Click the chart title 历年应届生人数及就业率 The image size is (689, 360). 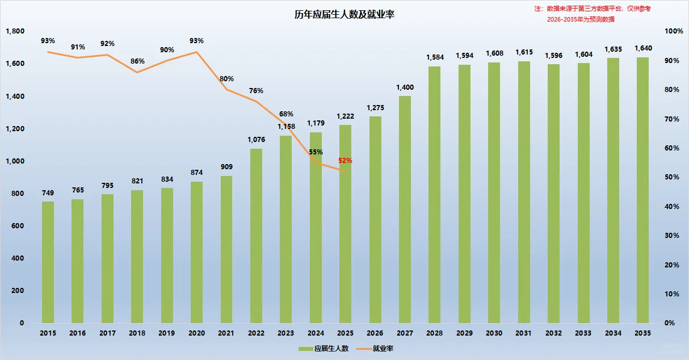click(344, 15)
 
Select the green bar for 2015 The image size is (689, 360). click(48, 262)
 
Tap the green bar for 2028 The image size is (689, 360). click(434, 195)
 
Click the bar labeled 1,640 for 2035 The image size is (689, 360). click(642, 190)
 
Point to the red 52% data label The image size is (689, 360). click(345, 161)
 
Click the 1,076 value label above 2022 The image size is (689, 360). click(257, 139)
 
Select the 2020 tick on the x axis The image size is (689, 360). click(196, 333)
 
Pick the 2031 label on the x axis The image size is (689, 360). click(523, 333)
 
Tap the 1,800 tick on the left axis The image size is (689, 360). click(15, 31)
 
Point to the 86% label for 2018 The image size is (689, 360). click(137, 61)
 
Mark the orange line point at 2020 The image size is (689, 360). click(196, 52)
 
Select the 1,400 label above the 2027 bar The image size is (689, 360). click(405, 87)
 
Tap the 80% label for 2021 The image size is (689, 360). click(226, 78)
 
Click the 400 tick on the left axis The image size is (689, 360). click(17, 258)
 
